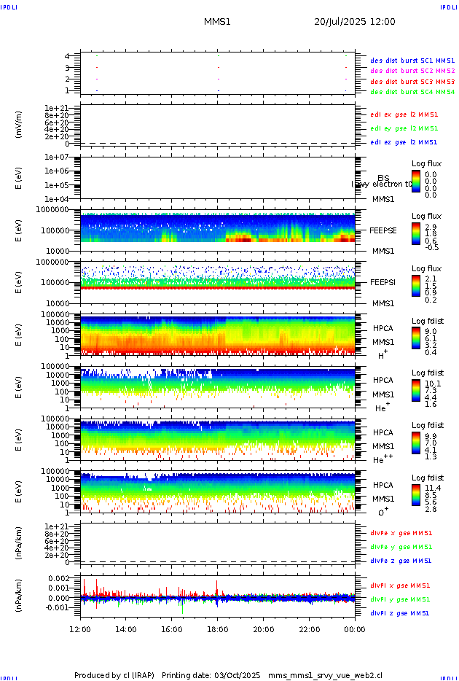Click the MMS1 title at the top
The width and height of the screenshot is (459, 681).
click(217, 22)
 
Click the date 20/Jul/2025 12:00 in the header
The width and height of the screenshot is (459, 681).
click(355, 22)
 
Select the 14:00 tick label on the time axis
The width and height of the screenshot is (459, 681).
click(126, 629)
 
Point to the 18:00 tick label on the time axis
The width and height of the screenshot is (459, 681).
click(218, 629)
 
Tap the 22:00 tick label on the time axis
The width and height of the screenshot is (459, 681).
click(310, 629)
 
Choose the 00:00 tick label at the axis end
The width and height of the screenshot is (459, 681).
click(355, 629)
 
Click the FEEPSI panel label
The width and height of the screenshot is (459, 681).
click(382, 281)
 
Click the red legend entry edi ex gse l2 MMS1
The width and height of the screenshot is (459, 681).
click(404, 114)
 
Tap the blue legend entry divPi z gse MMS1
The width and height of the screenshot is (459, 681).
click(400, 613)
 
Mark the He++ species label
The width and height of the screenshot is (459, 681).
click(382, 460)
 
